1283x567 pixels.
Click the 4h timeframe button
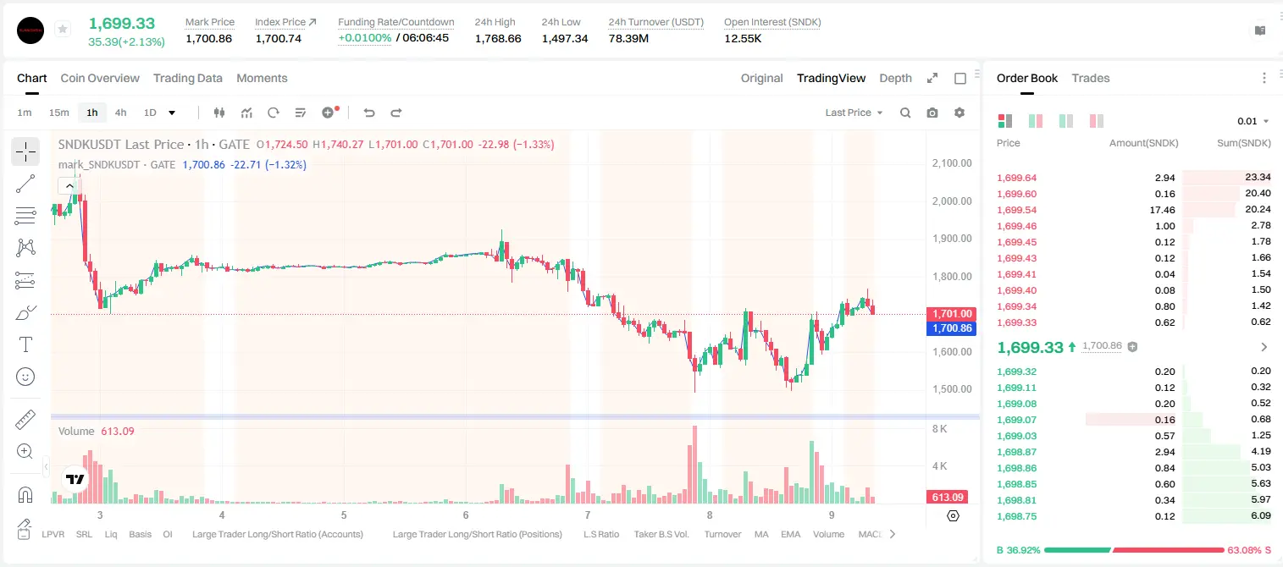(x=120, y=113)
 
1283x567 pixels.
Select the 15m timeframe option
(x=58, y=113)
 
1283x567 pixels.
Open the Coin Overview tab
(x=100, y=78)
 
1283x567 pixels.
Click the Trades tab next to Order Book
(x=1091, y=78)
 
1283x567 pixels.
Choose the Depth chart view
(x=895, y=78)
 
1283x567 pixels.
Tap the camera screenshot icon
(x=932, y=113)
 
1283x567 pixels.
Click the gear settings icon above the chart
(x=959, y=113)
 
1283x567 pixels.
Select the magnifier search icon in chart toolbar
(x=905, y=113)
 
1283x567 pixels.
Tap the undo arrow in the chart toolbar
(x=369, y=113)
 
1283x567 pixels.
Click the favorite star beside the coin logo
(x=63, y=29)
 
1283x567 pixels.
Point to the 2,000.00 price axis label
(x=952, y=201)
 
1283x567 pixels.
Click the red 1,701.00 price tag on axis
(x=951, y=313)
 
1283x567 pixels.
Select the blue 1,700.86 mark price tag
(x=951, y=328)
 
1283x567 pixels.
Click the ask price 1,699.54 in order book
(x=1017, y=210)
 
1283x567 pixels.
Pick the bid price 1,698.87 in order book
(x=1017, y=452)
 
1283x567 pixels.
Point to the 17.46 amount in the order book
(x=1162, y=210)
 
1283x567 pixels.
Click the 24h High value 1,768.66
(x=498, y=38)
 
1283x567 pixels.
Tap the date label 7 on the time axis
(x=588, y=515)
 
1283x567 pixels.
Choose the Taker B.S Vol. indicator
(x=661, y=534)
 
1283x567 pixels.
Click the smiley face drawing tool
(x=25, y=377)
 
